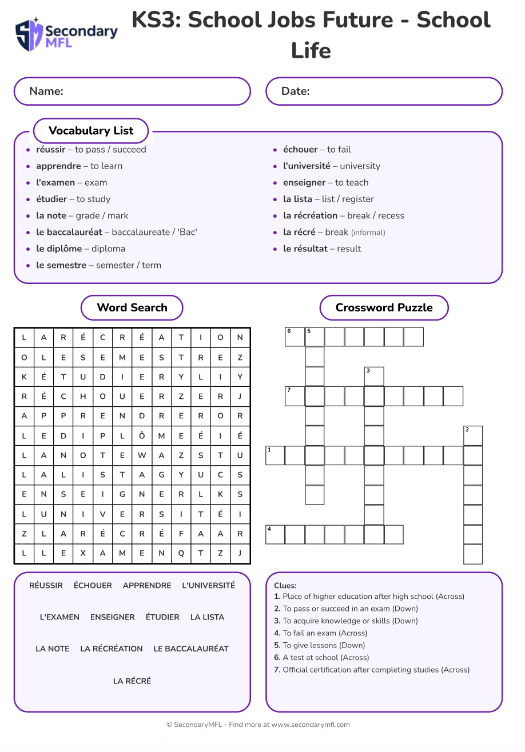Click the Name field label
click(x=46, y=91)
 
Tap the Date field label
click(x=295, y=91)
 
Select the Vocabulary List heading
click(x=91, y=131)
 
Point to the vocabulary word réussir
click(x=50, y=150)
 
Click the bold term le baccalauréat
click(x=69, y=233)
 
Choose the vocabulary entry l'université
click(x=307, y=166)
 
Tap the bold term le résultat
click(x=305, y=249)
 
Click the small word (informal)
click(x=368, y=233)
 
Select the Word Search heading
click(x=132, y=308)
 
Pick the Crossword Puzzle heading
click(x=384, y=308)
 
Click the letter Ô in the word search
click(x=142, y=436)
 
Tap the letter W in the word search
click(x=142, y=455)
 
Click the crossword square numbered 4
click(x=276, y=535)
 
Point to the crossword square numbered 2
click(x=473, y=436)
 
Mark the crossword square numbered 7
click(x=295, y=397)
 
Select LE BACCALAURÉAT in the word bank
click(x=191, y=649)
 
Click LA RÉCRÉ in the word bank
click(x=132, y=681)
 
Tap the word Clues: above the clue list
click(x=285, y=586)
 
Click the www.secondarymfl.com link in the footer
click(x=311, y=725)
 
